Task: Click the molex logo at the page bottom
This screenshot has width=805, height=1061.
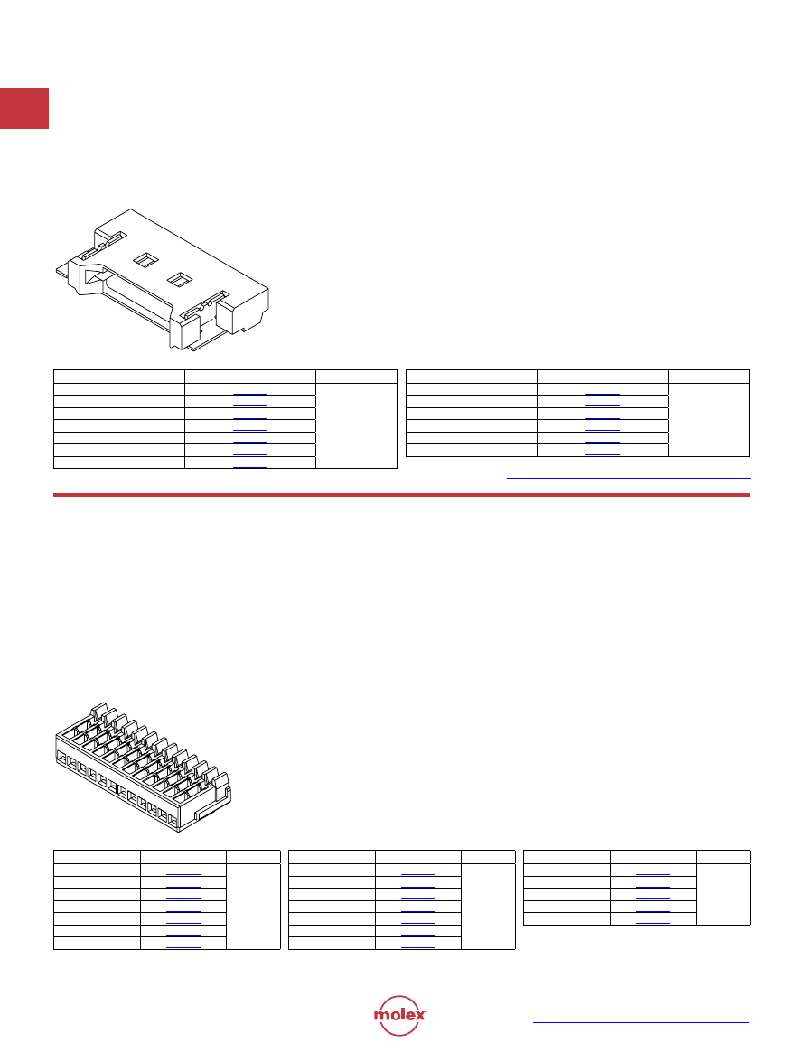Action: coord(400,1015)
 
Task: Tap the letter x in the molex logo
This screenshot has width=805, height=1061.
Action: coord(420,1015)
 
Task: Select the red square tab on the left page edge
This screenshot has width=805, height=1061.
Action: coord(24,108)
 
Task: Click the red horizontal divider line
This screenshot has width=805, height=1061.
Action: coord(401,495)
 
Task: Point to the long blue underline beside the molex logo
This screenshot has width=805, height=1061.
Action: coord(641,1022)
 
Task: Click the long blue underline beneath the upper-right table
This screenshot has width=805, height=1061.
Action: coord(628,478)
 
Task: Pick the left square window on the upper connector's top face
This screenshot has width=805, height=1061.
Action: coord(145,259)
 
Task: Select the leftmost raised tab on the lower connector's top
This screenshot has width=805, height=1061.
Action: coord(98,712)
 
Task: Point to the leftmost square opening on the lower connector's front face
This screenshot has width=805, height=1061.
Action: coord(61,758)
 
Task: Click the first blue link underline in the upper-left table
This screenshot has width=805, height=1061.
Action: coord(250,394)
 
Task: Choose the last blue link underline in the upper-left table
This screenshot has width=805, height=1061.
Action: coord(250,467)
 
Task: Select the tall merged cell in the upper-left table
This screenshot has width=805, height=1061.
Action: coord(356,425)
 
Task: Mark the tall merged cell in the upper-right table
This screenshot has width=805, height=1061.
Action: coord(709,420)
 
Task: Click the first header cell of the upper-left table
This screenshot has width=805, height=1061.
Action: coord(119,377)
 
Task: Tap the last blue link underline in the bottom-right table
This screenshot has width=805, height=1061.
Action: coord(653,923)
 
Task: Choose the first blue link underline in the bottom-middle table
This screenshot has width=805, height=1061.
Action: coord(417,874)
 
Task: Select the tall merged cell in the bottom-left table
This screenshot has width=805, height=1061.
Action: coord(253,906)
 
